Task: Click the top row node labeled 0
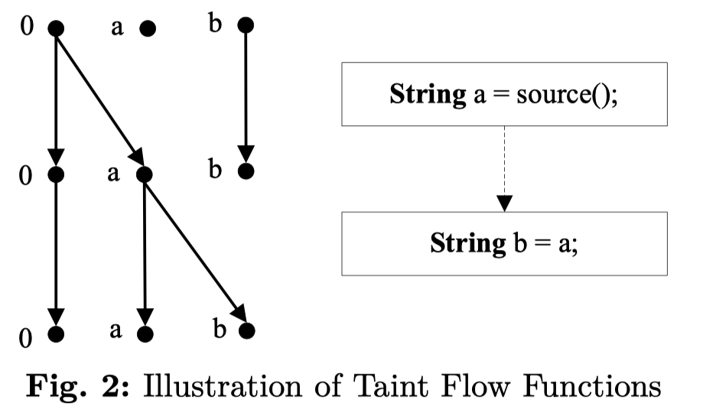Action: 56,28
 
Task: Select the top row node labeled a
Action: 147,28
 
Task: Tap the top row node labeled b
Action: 245,25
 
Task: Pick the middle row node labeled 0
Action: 56,175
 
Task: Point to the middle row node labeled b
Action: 245,171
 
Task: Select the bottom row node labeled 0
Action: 56,334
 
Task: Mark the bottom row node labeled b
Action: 246,331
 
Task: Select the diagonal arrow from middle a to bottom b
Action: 194,252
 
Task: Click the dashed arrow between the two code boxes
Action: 504,169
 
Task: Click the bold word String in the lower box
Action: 467,244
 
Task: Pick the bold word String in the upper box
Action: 428,95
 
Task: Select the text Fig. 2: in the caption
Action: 75,387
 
